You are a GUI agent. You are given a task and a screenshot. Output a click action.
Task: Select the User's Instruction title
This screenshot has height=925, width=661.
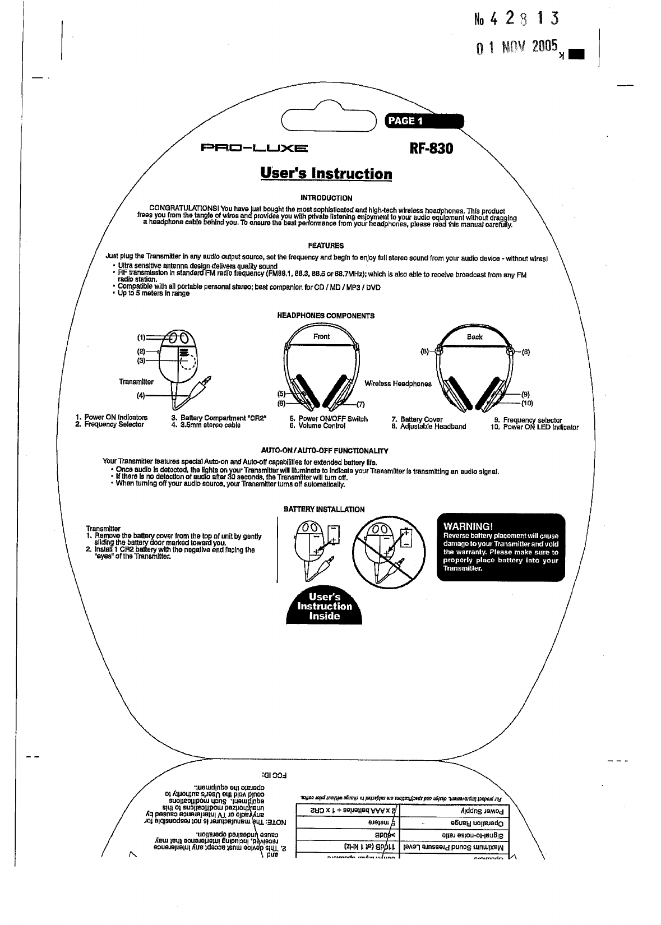[326, 173]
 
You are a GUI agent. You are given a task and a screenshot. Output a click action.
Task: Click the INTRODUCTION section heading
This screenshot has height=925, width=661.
[326, 198]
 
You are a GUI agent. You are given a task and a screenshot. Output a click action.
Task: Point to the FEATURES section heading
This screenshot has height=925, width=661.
[326, 246]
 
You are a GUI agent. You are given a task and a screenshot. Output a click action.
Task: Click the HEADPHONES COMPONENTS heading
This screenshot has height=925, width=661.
[326, 316]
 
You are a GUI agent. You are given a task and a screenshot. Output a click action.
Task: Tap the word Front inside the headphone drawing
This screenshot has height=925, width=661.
[321, 336]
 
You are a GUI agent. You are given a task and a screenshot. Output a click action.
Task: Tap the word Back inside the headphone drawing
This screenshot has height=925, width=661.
[474, 337]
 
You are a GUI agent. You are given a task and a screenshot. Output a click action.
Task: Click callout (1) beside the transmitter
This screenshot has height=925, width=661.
[141, 337]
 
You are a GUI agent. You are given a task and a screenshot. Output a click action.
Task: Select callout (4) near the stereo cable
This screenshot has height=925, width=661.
[141, 395]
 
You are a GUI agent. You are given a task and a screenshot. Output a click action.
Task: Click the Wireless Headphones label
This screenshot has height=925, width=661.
[398, 384]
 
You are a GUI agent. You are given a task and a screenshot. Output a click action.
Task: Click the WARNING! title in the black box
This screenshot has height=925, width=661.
[468, 526]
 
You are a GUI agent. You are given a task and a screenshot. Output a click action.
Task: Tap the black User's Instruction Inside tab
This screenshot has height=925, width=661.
[325, 606]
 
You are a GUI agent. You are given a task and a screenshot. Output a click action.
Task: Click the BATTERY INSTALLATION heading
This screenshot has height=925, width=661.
[324, 510]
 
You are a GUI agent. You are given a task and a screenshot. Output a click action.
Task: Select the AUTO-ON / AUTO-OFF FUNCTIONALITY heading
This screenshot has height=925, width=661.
[325, 451]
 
